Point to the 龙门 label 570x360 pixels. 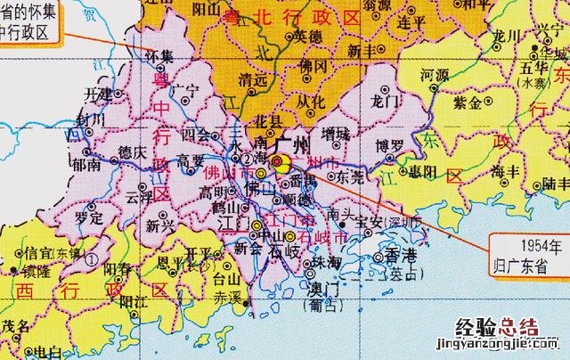(x=391, y=102)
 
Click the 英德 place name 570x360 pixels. (x=308, y=36)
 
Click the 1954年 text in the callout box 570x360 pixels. (x=525, y=245)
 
